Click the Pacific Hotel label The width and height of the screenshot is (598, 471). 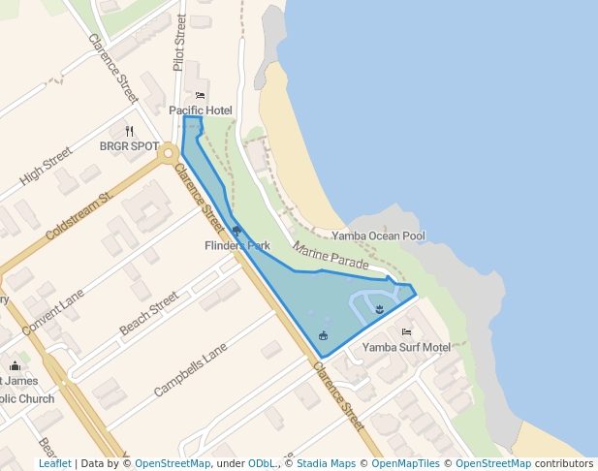(201, 110)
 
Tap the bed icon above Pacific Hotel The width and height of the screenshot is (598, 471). (201, 95)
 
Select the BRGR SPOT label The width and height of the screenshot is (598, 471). (129, 146)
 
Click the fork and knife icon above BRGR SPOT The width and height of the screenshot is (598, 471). (129, 131)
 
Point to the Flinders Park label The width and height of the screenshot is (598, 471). (237, 246)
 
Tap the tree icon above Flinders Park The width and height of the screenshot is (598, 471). (237, 231)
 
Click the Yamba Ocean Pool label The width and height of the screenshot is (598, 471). (378, 235)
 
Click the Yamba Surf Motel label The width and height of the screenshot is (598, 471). (406, 347)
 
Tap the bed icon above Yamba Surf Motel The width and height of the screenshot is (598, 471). (406, 332)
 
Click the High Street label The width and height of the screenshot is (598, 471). (46, 167)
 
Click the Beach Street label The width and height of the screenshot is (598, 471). (148, 314)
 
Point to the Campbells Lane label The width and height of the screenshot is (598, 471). (190, 370)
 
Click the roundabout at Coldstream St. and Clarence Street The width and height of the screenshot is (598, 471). (169, 152)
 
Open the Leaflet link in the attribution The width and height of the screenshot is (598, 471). (54, 463)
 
